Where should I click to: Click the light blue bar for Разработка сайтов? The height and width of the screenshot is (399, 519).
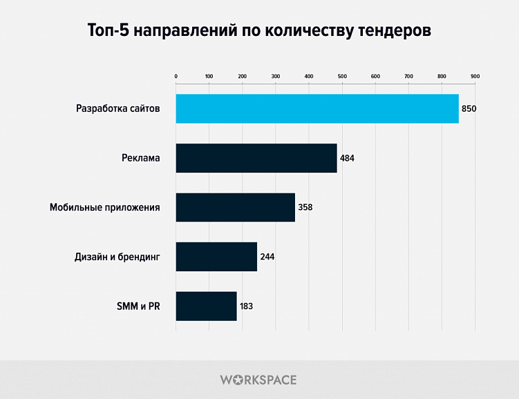tap(317, 108)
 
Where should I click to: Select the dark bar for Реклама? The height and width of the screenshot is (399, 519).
tap(256, 158)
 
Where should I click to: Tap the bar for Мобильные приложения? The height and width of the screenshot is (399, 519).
tap(235, 207)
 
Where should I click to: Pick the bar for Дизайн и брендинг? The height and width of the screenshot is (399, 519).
tap(216, 257)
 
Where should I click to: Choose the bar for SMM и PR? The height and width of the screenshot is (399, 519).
tap(206, 306)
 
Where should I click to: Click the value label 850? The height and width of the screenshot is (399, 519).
tap(469, 109)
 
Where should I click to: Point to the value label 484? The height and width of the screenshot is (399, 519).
tap(347, 158)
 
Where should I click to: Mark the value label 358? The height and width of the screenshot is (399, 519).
tap(305, 207)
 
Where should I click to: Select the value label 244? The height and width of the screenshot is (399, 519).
tap(267, 257)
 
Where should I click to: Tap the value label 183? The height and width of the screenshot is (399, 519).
tap(247, 306)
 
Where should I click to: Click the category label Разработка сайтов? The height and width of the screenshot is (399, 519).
tap(117, 109)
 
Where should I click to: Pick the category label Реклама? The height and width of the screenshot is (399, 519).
tap(136, 158)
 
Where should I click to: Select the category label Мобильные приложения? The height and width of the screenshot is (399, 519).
tap(105, 207)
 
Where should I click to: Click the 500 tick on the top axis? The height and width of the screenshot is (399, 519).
tap(342, 76)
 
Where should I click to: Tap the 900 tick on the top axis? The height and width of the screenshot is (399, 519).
tap(475, 76)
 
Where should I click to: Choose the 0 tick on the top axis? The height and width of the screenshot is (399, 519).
tap(176, 76)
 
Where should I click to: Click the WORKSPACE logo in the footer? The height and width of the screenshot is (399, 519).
tap(258, 380)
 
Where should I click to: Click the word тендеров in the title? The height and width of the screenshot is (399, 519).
tap(393, 31)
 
